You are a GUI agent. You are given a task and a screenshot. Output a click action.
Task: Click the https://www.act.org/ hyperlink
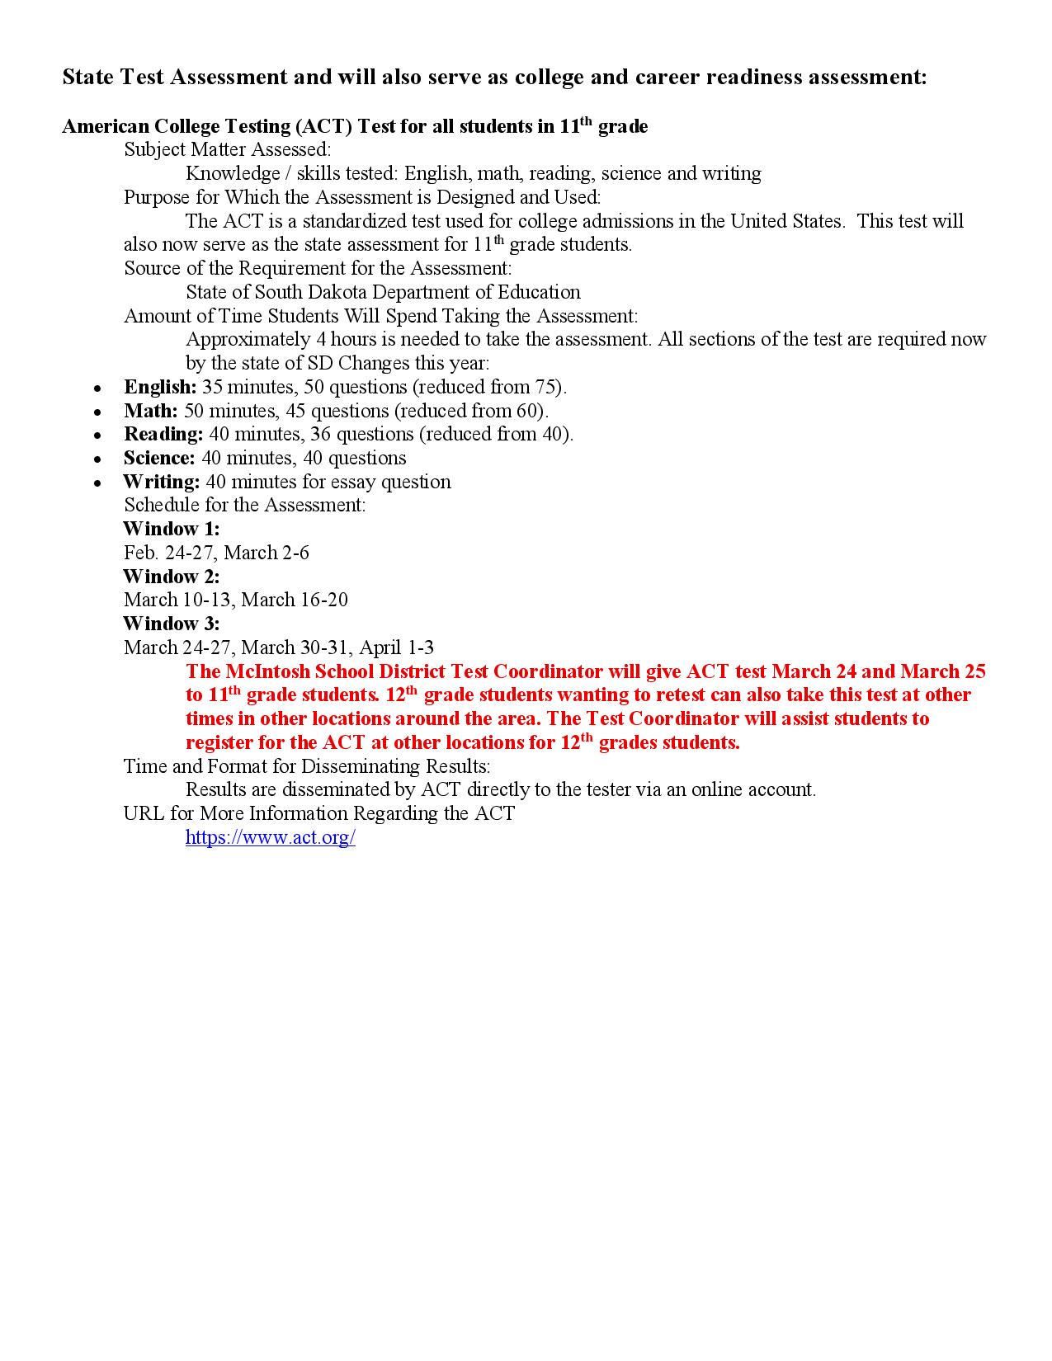coord(270,837)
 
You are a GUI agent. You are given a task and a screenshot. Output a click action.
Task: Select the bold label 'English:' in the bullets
coord(160,387)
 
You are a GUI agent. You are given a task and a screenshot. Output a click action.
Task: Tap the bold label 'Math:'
coord(150,411)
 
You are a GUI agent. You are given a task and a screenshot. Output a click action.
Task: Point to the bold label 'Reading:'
coord(163,434)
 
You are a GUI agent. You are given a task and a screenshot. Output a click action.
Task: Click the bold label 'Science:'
coord(159,458)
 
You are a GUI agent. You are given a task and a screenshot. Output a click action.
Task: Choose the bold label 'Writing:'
coord(161,482)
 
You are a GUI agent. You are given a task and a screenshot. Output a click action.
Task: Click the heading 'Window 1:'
coord(171,529)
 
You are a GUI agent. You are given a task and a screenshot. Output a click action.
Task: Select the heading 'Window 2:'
coord(171,577)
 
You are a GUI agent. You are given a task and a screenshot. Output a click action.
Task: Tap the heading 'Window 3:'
coord(171,624)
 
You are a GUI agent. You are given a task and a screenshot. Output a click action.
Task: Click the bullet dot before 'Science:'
coord(98,459)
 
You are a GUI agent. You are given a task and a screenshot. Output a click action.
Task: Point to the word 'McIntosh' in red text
coord(265,671)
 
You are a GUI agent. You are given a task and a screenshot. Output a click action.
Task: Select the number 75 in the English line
coord(547,387)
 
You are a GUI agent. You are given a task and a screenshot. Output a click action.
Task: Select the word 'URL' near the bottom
coord(144,813)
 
